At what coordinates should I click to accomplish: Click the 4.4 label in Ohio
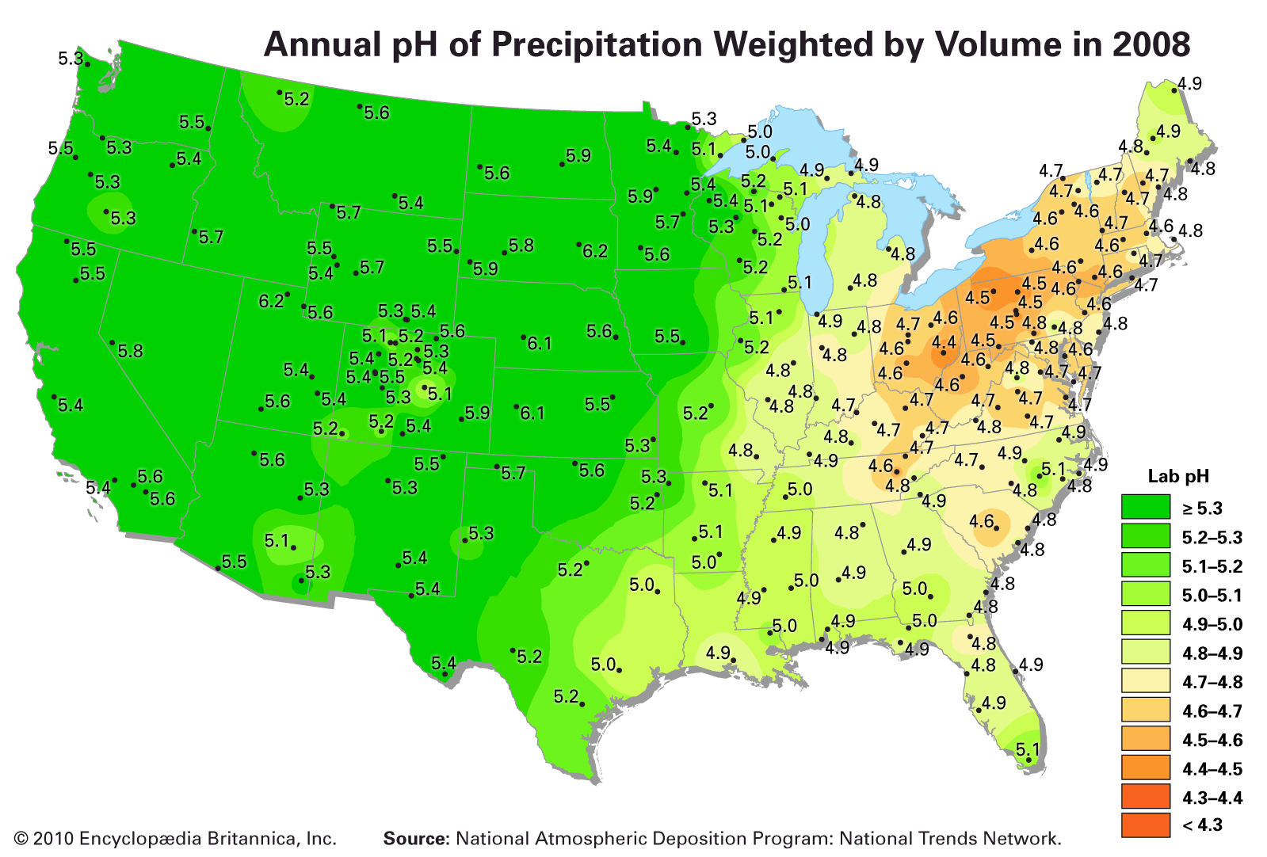point(943,343)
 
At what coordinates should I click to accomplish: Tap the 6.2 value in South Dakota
point(594,252)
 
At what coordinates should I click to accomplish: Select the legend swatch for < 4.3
point(1145,825)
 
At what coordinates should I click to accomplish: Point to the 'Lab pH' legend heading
point(1177,476)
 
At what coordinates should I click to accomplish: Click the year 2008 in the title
point(1150,44)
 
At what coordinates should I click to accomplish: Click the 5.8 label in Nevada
point(130,351)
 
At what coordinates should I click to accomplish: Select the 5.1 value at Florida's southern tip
point(1027,749)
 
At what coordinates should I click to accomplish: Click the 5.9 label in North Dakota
point(578,156)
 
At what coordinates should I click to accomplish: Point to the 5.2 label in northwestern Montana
point(296,100)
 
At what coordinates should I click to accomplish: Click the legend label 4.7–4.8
point(1212,682)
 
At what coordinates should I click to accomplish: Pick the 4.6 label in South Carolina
point(982,521)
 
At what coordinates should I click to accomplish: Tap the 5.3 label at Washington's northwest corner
point(71,58)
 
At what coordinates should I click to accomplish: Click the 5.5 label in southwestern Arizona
point(234,562)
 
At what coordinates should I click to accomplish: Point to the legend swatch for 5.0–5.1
point(1145,595)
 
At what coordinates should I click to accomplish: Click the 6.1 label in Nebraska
point(539,344)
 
